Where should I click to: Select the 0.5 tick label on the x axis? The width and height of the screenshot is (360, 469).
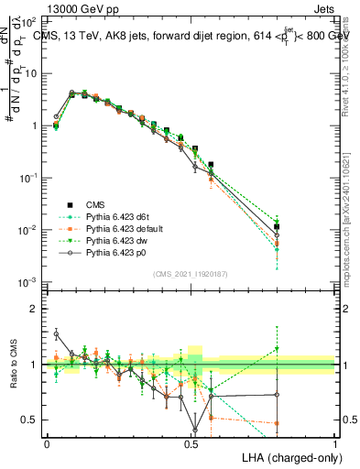191,442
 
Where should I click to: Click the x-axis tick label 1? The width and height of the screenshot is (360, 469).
336,442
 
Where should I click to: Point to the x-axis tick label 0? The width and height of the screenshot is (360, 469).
47,442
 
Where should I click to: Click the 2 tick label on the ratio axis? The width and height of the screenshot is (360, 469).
35,309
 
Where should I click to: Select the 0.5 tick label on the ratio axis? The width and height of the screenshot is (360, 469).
31,420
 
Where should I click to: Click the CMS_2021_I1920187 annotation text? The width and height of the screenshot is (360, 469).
190,274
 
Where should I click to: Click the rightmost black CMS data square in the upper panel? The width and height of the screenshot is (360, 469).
277,227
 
